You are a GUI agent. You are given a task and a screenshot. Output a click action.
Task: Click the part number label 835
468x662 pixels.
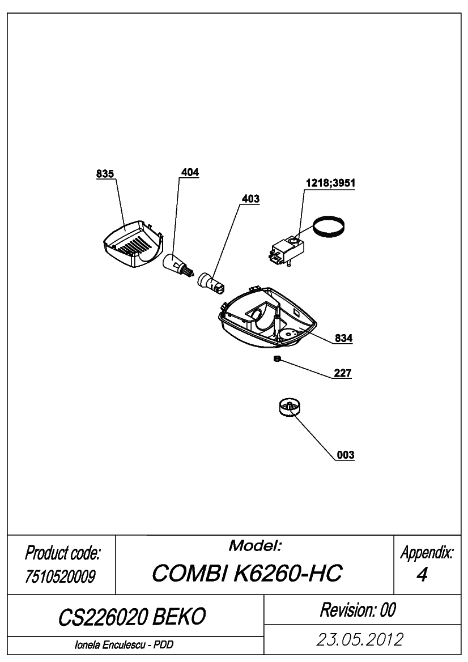point(105,174)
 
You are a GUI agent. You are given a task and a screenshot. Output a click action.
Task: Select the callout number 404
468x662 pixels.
point(190,172)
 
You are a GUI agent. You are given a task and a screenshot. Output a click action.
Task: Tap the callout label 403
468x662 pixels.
point(250,199)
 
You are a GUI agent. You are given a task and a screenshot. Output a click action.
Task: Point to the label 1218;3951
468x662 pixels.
point(330,183)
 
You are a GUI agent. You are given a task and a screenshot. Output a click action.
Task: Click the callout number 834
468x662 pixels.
point(343,338)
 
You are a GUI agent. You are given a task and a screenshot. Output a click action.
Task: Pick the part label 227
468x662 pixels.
point(343,373)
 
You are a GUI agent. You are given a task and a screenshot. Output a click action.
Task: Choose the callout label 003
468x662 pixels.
point(346,455)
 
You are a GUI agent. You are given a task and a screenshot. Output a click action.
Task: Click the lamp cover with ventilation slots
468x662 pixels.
point(133,245)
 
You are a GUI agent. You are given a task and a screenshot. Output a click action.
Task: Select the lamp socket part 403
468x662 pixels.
point(211,283)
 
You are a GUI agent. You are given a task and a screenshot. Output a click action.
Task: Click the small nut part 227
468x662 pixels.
point(277,359)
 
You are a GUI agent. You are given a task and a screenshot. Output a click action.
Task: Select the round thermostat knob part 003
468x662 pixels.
point(291,408)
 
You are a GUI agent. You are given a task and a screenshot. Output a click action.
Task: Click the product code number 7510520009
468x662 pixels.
point(60,576)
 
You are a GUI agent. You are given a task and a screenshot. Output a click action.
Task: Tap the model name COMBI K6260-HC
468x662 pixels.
point(247,573)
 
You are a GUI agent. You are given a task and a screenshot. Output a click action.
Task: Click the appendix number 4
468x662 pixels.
point(422,575)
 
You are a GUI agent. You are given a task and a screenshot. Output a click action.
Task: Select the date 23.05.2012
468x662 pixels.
point(360,639)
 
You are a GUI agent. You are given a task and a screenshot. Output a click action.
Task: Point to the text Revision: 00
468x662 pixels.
point(358,610)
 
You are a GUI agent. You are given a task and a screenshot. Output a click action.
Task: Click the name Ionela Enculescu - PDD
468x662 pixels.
point(124,645)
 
